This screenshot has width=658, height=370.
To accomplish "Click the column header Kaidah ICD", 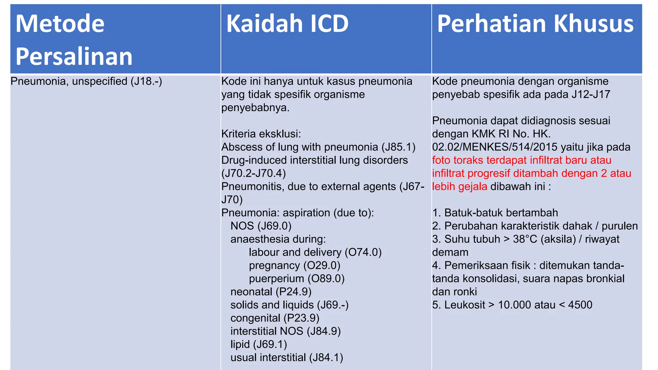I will pos(287,24).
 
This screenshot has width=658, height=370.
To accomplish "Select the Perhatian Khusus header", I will pos(535,24).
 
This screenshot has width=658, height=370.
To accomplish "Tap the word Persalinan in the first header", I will pos(74,57).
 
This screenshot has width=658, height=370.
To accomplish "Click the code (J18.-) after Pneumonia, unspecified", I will pos(146,81).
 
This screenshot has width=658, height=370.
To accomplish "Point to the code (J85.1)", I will pos(398,147).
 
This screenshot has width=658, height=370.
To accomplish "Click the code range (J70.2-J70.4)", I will pos(253,173).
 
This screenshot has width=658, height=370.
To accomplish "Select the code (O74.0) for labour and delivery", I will pos(363,252).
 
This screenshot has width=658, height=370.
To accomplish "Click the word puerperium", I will pos(276,279).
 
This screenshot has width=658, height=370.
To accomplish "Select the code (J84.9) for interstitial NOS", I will pos(324,331).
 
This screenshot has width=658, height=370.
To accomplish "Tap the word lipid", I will pos(240,345).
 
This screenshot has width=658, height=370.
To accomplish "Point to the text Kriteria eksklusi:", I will pos(261,134).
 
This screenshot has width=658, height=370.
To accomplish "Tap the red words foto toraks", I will pos(458,160).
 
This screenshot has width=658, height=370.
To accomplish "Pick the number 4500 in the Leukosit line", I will pos(580,305).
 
